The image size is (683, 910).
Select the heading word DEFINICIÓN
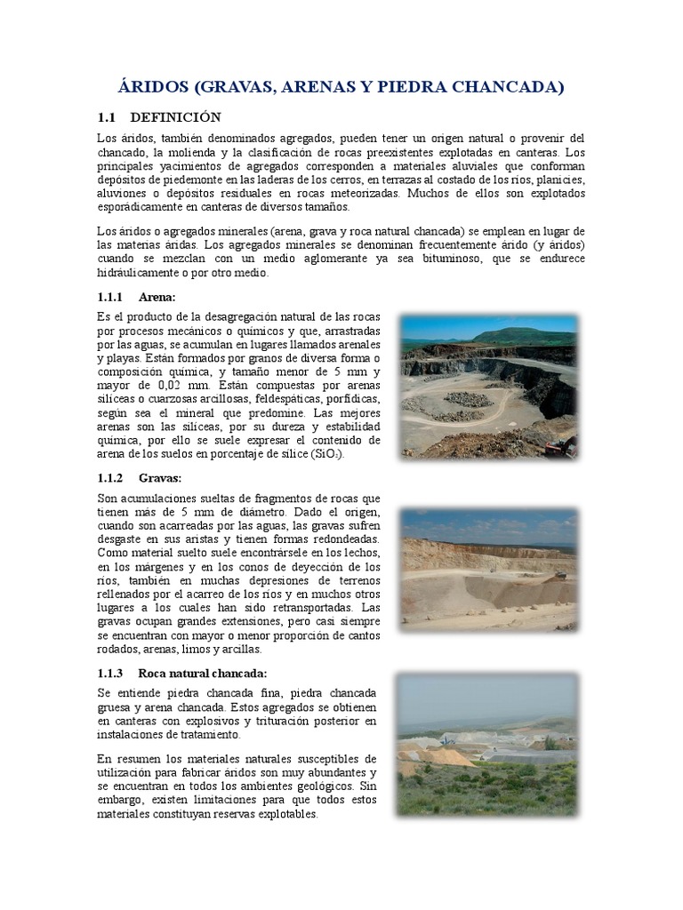(175, 117)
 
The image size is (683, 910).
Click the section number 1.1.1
(109, 296)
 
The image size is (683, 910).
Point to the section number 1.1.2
(109, 477)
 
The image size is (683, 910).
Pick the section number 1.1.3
(109, 672)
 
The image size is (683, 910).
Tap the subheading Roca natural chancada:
(202, 672)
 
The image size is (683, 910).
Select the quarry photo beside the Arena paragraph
(488, 385)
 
